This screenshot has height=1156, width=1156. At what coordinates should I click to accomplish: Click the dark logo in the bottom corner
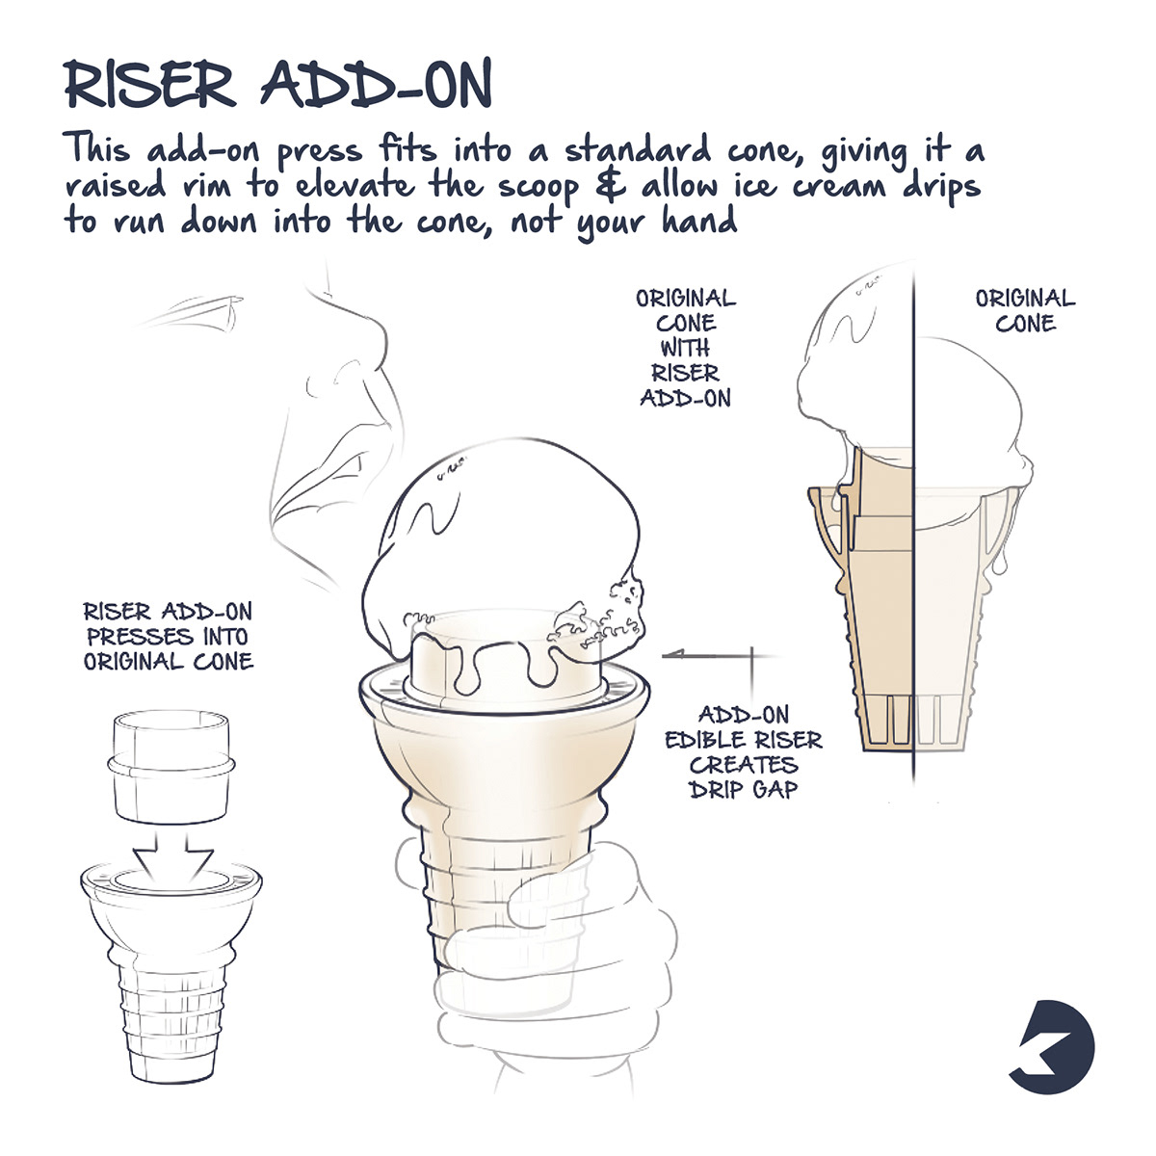[1056, 1045]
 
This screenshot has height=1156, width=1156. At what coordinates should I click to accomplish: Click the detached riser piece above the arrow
[171, 765]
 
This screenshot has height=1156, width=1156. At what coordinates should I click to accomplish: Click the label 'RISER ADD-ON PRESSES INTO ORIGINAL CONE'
[168, 636]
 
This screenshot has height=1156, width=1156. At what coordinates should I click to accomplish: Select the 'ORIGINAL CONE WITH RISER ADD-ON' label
[685, 347]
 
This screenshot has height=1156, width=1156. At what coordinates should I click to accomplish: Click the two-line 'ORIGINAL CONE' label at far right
[1025, 310]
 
